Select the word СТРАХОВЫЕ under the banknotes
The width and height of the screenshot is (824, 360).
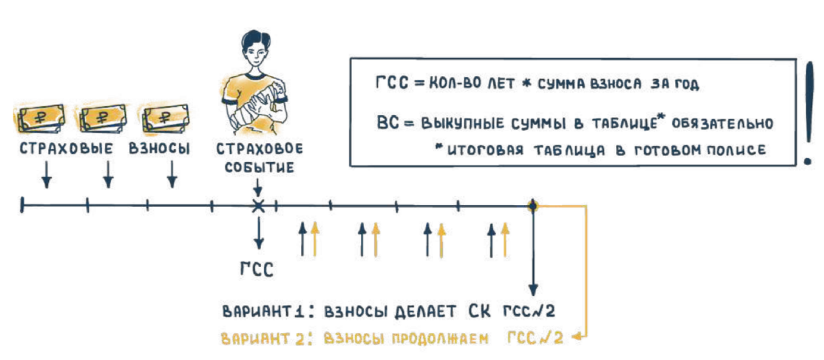click(x=66, y=149)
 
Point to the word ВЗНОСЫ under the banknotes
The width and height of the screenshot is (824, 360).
click(x=160, y=149)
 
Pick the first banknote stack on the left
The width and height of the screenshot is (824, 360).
click(x=41, y=118)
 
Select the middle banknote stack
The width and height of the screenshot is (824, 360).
click(x=103, y=118)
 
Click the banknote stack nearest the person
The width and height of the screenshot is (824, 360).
click(x=165, y=118)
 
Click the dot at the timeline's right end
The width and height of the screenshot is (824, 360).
click(x=532, y=207)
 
